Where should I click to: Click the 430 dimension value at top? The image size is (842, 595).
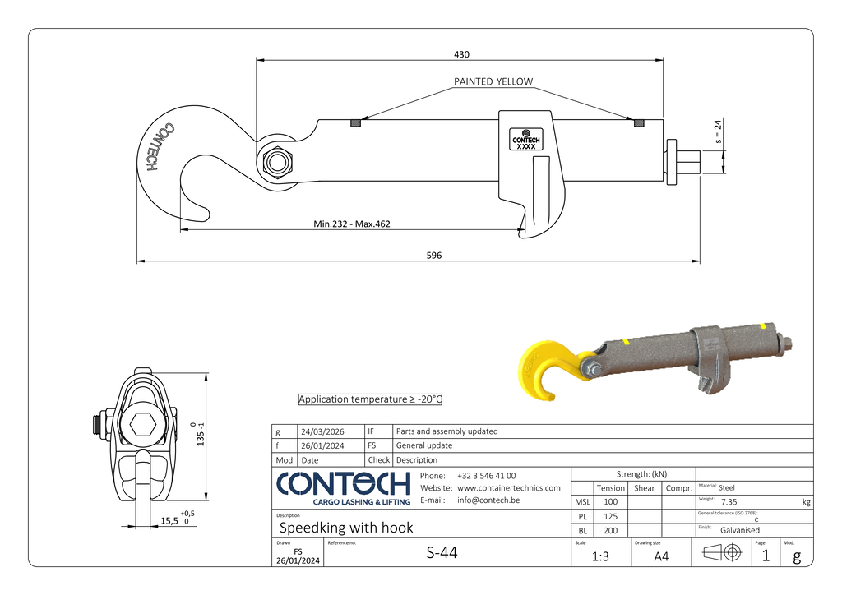click(x=461, y=54)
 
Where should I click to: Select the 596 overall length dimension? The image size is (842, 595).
click(x=433, y=256)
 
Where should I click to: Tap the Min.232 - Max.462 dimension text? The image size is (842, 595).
click(x=351, y=224)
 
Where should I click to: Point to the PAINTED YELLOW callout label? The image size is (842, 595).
click(x=493, y=81)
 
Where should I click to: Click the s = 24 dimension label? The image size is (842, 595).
click(x=718, y=134)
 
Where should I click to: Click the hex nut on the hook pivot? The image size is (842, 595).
click(x=275, y=162)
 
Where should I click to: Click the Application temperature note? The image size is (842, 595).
click(x=370, y=399)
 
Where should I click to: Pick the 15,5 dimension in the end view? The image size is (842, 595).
click(x=169, y=520)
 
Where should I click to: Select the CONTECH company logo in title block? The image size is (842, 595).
click(x=343, y=488)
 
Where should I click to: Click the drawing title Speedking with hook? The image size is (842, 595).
click(x=346, y=528)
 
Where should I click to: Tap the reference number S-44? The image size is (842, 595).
click(x=442, y=552)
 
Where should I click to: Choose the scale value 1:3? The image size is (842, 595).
click(x=600, y=556)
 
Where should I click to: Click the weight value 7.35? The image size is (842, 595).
click(x=729, y=501)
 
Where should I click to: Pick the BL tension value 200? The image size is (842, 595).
click(x=610, y=531)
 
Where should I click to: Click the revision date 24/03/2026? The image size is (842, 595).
click(x=322, y=431)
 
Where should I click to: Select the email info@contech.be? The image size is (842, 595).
click(x=489, y=500)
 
